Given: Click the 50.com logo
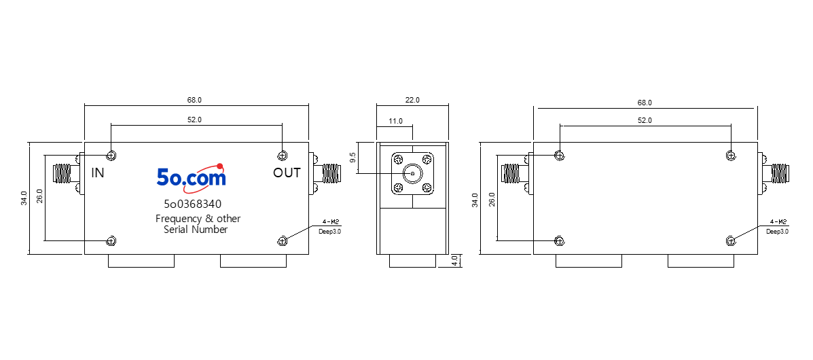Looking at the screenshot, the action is tap(192, 176).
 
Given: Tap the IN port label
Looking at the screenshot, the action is tap(98, 173).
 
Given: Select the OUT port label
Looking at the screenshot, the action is tap(287, 173).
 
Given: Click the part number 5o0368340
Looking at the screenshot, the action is tap(192, 204).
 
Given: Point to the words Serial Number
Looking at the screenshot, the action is tap(196, 230).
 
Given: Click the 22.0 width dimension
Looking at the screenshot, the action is tap(412, 100).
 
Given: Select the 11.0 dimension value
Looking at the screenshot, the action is tap(395, 121).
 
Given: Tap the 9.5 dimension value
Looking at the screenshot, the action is tap(354, 158).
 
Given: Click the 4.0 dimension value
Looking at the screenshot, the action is tap(454, 260).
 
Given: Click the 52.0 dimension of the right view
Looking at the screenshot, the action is tap(645, 120).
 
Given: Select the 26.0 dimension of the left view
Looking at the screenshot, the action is tap(39, 198).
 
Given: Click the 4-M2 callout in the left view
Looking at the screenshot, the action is tap(330, 221).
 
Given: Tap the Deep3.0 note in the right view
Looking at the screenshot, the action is tap(777, 232).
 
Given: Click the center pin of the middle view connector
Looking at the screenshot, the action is tap(412, 173).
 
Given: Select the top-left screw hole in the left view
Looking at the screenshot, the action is tap(111, 155).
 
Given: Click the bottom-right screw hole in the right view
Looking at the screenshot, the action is tap(731, 240).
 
